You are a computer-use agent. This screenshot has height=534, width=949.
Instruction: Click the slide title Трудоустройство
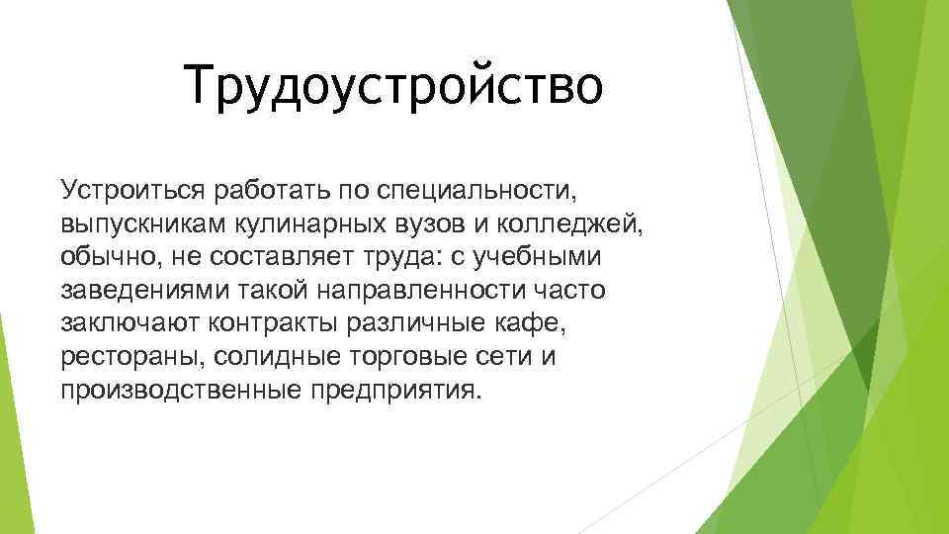point(393,84)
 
